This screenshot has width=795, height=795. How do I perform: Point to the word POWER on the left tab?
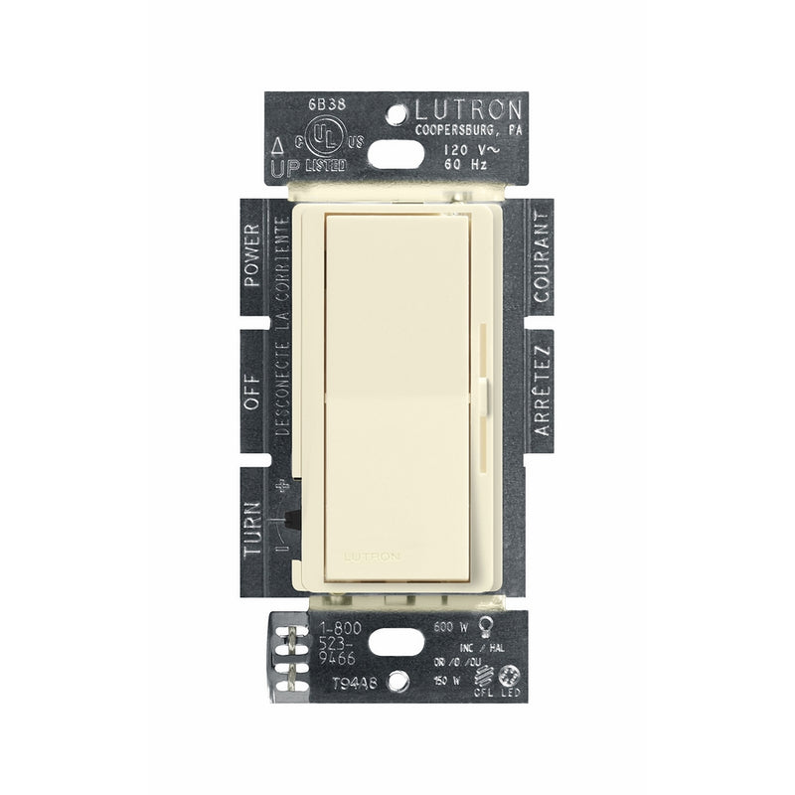point(252,256)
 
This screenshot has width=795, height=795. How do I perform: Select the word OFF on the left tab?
point(251,390)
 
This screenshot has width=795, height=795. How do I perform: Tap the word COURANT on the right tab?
point(542,256)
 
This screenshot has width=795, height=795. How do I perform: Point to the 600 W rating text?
point(447,627)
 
